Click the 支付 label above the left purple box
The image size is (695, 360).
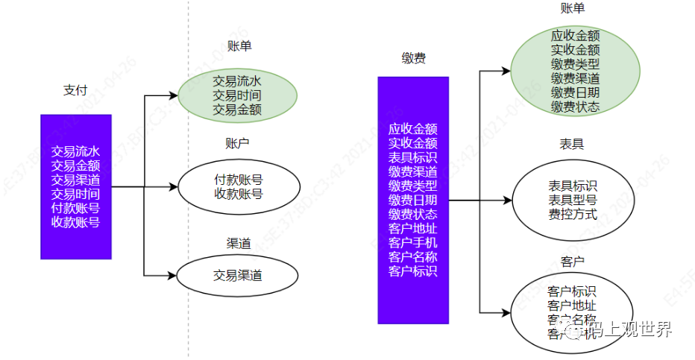(75, 90)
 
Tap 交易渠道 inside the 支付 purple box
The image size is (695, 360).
(75, 180)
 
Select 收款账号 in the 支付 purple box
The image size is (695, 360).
(75, 221)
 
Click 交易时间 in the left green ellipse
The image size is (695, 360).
(237, 95)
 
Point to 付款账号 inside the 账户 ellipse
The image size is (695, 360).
(238, 180)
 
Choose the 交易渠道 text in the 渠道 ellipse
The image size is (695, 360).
(237, 275)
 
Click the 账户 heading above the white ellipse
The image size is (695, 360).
(237, 142)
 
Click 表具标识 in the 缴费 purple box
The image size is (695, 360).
(412, 157)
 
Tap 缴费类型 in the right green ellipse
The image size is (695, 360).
(575, 64)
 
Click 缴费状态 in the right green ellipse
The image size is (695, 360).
(575, 107)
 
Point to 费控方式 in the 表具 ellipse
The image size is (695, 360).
(573, 215)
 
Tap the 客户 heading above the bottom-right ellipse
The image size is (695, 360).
(571, 261)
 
